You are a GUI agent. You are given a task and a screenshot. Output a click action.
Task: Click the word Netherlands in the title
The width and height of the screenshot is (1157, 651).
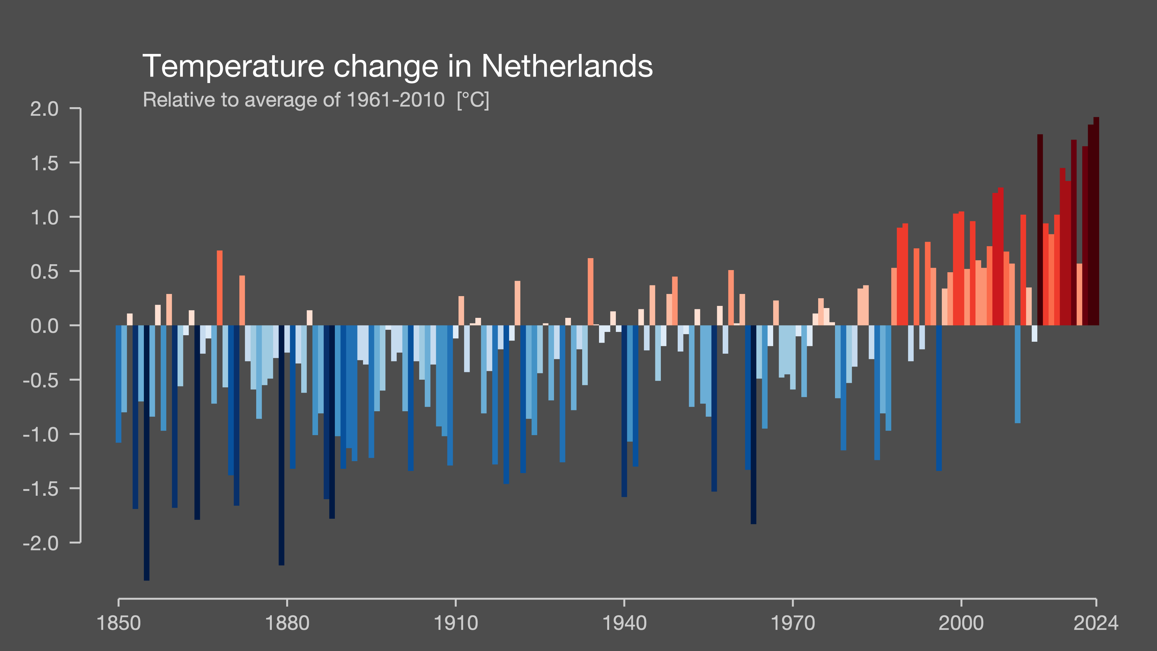[567, 66]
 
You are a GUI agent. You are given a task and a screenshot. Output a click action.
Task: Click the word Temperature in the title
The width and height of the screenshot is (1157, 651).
[233, 66]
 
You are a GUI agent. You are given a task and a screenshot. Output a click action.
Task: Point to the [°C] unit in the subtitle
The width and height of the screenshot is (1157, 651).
[473, 100]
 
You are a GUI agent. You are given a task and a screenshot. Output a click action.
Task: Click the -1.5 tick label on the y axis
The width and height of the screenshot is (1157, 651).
[40, 489]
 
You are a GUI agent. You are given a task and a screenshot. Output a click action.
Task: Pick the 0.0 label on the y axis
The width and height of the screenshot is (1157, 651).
[44, 326]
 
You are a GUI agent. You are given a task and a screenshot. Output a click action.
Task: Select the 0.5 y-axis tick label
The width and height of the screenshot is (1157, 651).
[44, 272]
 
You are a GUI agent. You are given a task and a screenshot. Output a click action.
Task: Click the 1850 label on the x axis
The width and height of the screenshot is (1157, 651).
[118, 623]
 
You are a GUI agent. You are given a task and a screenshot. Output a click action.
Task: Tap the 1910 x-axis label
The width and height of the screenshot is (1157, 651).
[455, 623]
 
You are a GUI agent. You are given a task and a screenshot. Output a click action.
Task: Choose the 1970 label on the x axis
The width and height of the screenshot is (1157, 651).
[792, 623]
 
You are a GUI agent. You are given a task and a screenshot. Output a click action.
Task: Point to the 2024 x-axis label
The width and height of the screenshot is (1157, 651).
[1096, 623]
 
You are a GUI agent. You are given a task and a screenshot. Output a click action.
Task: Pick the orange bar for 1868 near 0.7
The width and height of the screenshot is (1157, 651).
[220, 288]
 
